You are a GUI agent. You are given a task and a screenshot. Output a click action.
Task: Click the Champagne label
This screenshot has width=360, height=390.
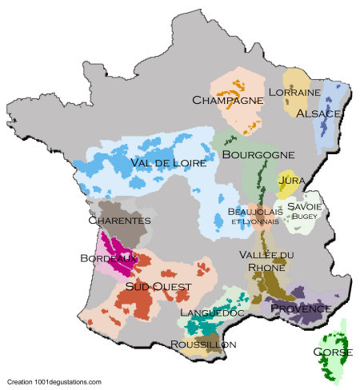click(x=228, y=100)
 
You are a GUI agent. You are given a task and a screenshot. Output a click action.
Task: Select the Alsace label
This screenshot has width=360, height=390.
click(x=318, y=113)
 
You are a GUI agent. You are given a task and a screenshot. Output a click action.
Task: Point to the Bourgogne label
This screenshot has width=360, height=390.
click(x=258, y=154)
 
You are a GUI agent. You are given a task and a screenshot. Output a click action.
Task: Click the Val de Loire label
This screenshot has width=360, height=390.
click(x=168, y=162)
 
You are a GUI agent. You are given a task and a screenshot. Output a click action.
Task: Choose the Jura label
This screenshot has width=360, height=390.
click(x=290, y=181)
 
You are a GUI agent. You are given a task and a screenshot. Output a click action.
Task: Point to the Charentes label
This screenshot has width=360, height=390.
click(x=119, y=220)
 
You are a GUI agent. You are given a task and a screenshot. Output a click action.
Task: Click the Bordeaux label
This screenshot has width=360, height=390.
click(x=114, y=258)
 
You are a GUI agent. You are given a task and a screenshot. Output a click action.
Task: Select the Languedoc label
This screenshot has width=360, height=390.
click(x=213, y=312)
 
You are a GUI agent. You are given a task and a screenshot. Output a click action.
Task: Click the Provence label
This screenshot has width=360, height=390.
click(x=300, y=308)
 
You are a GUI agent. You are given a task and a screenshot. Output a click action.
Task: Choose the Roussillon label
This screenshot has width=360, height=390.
click(x=203, y=344)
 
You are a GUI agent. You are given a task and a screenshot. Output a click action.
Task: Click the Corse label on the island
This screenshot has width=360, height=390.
click(x=334, y=352)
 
